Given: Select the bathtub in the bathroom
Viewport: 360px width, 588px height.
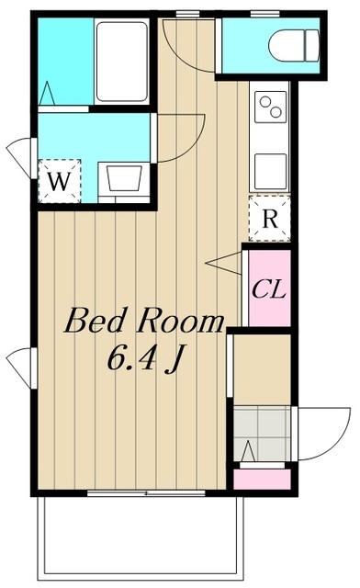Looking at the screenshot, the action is [121, 62].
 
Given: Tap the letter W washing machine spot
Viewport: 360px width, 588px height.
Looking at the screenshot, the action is [60, 182].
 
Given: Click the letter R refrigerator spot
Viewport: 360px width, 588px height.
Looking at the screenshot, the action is [270, 219].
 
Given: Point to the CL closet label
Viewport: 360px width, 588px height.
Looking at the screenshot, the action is [269, 289].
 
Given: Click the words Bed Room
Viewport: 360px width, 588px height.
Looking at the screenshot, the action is [144, 321].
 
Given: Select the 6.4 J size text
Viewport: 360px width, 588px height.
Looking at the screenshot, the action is [144, 359].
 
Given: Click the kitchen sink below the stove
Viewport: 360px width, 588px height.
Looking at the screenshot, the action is [271, 172].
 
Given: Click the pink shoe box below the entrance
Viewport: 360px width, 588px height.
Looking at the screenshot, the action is [262, 479].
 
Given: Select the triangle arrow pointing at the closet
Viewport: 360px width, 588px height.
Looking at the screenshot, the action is [223, 264].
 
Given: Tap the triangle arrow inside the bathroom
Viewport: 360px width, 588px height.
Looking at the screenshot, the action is [47, 94].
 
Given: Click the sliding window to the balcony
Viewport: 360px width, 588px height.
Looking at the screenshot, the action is [146, 493].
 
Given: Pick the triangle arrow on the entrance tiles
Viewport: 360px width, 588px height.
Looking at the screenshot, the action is [248, 451].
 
